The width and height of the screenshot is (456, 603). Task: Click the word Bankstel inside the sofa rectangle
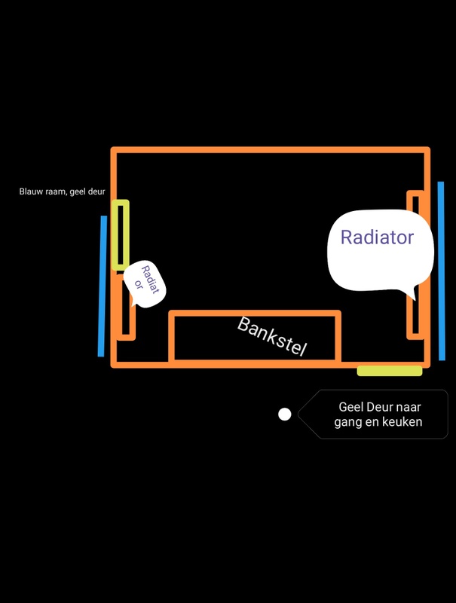click(272, 336)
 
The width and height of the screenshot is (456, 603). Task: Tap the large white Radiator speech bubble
click(379, 249)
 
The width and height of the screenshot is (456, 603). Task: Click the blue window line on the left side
click(103, 286)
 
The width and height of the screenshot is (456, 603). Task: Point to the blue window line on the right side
click(442, 271)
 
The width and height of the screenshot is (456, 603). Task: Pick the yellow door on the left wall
click(121, 234)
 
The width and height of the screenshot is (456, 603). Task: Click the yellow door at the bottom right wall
click(389, 370)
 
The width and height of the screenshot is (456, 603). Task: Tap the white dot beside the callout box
click(285, 414)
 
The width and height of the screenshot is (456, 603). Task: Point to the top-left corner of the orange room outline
click(114, 151)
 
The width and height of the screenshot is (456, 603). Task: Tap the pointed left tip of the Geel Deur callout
click(299, 414)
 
